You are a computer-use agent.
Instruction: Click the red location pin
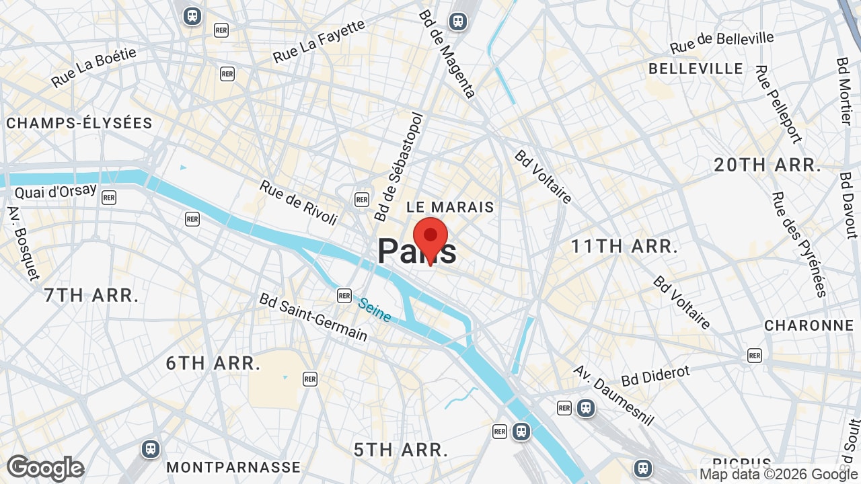(x=430, y=239)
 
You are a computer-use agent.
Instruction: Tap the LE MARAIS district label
(x=450, y=207)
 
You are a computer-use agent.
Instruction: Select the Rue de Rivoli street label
(x=298, y=202)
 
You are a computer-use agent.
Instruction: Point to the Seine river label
(x=375, y=310)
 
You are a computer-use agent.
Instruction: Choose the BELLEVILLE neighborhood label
(x=696, y=69)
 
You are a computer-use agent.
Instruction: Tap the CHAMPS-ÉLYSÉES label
(x=79, y=123)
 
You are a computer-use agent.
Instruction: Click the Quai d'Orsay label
(x=56, y=192)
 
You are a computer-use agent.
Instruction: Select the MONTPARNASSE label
(x=233, y=467)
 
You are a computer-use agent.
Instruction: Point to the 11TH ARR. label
(x=624, y=247)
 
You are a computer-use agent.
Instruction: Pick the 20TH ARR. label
(x=768, y=165)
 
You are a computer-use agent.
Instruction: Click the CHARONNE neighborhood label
(x=809, y=325)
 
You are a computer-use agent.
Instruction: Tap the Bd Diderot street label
(x=656, y=376)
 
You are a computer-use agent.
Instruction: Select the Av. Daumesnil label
(x=613, y=395)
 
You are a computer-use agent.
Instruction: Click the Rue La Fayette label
(x=319, y=41)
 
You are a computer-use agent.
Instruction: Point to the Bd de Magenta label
(x=447, y=53)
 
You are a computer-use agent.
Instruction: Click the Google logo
(x=45, y=468)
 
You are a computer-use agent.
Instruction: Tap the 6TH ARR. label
(x=213, y=363)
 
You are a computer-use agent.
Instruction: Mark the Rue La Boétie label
(x=93, y=67)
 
